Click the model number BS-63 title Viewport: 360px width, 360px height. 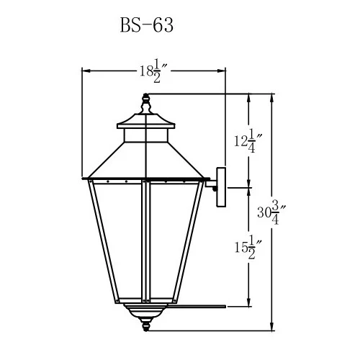(146, 26)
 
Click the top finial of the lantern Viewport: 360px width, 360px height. (146, 105)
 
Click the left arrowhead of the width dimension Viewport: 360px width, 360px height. (85, 71)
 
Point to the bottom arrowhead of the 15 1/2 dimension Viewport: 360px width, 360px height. (249, 302)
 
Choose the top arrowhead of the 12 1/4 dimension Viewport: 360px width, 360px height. (249, 99)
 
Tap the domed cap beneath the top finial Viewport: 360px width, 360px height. (146, 118)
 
